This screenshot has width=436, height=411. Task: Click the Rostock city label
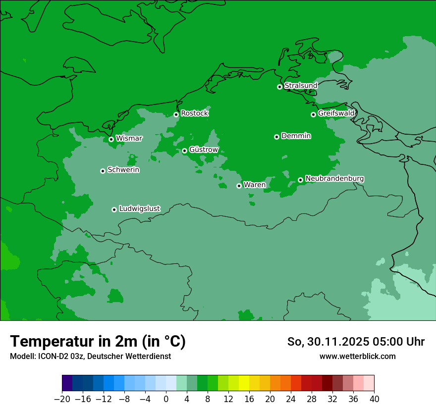194,113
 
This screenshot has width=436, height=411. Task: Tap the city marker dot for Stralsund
279,87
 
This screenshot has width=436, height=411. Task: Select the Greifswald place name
336,113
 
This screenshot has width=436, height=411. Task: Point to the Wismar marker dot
111,139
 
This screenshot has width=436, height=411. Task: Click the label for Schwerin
123,170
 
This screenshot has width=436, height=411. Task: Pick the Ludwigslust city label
139,208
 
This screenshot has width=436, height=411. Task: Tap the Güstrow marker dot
184,151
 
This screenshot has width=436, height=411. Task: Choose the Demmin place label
296,136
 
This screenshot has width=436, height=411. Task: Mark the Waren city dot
239,186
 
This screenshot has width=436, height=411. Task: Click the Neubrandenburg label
334,178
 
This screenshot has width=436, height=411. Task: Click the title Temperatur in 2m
98,342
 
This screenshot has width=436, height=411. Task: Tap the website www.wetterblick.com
357,356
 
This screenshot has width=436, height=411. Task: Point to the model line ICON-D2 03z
90,356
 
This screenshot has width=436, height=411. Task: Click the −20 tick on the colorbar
62,399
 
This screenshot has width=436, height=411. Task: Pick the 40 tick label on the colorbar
374,399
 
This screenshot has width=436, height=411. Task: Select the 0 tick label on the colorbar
166,399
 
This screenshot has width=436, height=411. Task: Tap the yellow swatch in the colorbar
244,383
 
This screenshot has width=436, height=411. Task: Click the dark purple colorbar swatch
67,383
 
